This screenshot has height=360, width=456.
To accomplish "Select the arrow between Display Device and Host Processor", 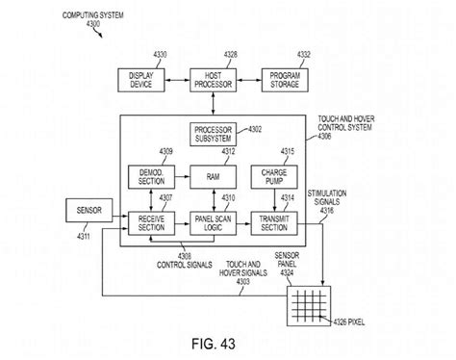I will [x=174, y=80].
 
